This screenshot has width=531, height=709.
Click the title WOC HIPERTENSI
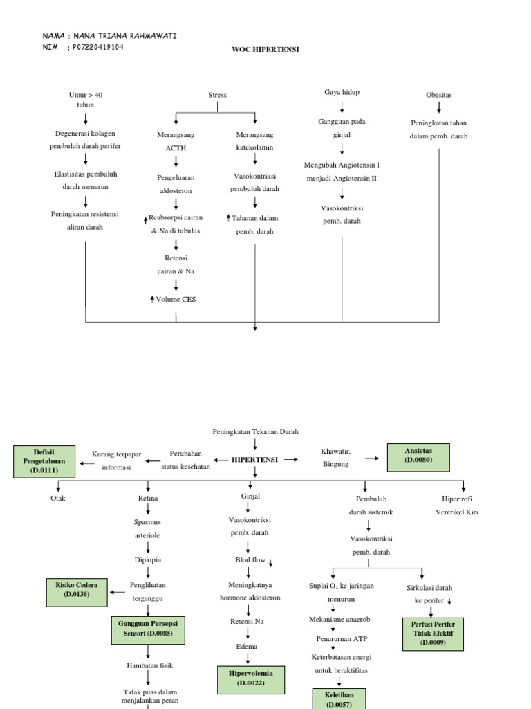tap(265, 50)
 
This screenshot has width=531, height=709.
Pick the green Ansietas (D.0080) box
tap(418, 455)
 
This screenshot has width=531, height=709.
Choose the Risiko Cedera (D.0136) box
tap(77, 589)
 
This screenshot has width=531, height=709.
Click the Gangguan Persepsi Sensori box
tap(149, 628)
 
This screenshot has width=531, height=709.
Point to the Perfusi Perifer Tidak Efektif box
tap(434, 633)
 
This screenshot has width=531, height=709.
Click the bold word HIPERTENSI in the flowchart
tap(255, 459)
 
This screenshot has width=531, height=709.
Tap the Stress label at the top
tap(217, 95)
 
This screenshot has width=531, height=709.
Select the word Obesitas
tap(439, 95)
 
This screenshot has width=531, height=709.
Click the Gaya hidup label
tap(342, 92)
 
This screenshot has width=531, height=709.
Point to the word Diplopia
tap(148, 559)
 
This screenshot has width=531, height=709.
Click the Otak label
tap(58, 499)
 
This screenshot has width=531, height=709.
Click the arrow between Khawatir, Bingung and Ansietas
tap(372, 458)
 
